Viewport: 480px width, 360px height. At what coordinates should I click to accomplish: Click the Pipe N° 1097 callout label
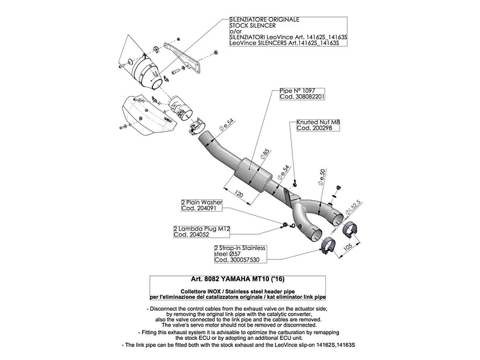(302, 93)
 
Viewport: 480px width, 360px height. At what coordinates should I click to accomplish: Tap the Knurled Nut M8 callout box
(318, 125)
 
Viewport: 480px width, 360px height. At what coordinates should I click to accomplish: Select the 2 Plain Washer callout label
(201, 205)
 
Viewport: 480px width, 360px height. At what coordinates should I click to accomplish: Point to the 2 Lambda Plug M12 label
(201, 231)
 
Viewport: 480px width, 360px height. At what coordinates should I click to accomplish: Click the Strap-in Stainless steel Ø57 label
(240, 254)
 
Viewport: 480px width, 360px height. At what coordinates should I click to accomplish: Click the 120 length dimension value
(239, 195)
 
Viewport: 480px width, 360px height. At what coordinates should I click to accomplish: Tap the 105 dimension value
(348, 247)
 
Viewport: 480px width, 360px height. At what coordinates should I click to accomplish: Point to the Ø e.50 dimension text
(321, 177)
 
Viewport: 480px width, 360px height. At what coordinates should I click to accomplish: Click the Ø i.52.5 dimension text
(354, 207)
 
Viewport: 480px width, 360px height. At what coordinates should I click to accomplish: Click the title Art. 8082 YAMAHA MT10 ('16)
(237, 279)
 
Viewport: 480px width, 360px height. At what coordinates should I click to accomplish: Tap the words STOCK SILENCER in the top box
(253, 25)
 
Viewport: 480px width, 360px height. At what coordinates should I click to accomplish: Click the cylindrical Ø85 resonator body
(255, 174)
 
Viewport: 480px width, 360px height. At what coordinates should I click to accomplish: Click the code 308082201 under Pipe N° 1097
(302, 97)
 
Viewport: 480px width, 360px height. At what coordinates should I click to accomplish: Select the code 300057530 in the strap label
(237, 260)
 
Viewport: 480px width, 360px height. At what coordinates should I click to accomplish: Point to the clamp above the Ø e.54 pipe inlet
(196, 126)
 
